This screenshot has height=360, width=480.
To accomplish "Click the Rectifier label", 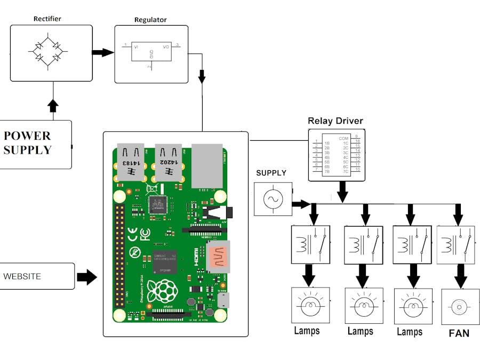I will [x=47, y=19].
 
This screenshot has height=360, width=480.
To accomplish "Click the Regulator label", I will [x=150, y=20].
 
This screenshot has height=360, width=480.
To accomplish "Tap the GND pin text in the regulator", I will [x=151, y=54].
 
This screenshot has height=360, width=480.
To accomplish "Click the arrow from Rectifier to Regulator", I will [x=102, y=52].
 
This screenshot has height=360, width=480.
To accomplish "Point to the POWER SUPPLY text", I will [x=28, y=143].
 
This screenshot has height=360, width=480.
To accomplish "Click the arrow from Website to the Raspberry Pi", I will [x=87, y=277].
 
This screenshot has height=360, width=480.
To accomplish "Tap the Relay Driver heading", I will [x=335, y=121].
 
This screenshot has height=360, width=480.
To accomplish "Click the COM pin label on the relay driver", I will [x=343, y=138].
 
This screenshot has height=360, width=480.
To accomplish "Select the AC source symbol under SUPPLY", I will [x=273, y=199].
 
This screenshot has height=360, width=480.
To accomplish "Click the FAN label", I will [x=459, y=333].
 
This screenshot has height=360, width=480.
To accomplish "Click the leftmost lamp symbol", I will [x=310, y=305].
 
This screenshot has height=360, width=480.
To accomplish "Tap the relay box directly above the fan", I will [x=455, y=244].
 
